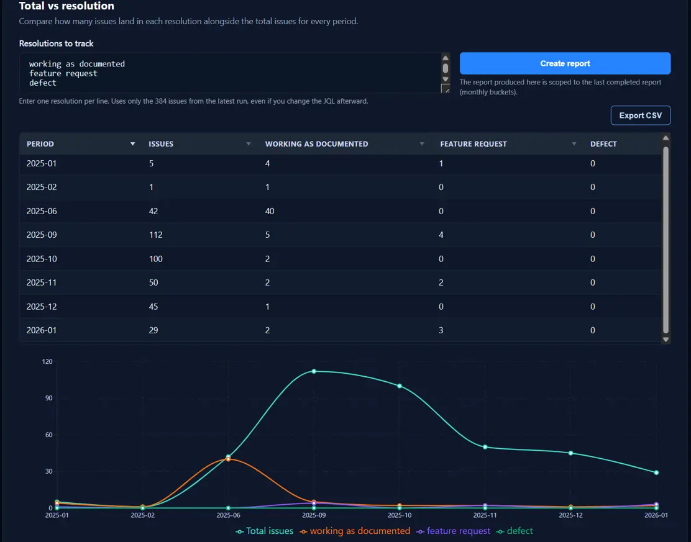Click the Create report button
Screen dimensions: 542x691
(x=565, y=63)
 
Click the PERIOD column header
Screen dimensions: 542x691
(x=40, y=144)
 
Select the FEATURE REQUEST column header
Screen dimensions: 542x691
(x=474, y=144)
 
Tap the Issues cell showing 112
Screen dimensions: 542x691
(x=155, y=235)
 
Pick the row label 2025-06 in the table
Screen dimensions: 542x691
(x=42, y=211)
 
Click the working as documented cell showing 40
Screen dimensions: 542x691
(x=270, y=211)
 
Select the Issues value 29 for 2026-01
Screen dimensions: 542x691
(x=153, y=330)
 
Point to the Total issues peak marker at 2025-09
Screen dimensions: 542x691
(x=314, y=371)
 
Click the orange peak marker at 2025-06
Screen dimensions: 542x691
(x=228, y=459)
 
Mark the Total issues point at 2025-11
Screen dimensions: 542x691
(x=485, y=447)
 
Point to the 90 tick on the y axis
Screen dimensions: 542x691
(x=47, y=398)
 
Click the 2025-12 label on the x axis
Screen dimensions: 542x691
(x=570, y=515)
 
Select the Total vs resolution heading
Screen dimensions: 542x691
(x=66, y=6)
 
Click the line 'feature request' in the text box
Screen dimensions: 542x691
(x=63, y=73)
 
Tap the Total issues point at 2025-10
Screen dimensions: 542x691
(x=400, y=386)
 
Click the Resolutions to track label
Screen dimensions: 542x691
(x=57, y=43)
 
